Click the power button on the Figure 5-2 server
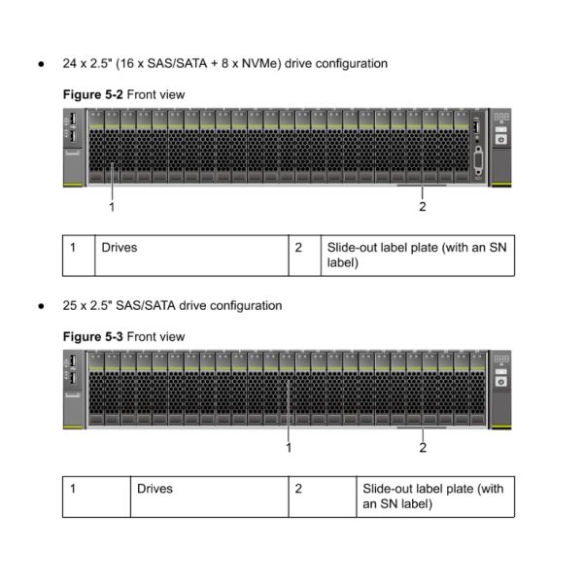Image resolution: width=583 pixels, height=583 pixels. [x=500, y=139]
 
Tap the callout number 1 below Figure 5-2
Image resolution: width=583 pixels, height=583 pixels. [x=112, y=206]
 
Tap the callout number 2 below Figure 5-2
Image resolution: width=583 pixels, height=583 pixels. [x=423, y=206]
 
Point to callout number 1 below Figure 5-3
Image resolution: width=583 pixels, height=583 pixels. [x=289, y=448]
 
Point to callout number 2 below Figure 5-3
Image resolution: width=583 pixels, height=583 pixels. [x=423, y=448]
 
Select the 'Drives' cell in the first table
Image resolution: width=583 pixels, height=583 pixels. [x=120, y=248]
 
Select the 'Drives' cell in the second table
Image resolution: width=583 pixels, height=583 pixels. [x=154, y=489]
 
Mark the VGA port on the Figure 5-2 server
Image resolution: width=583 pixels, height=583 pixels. [x=477, y=160]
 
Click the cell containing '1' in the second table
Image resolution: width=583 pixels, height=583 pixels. [x=72, y=489]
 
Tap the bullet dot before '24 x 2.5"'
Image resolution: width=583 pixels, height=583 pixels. [x=42, y=64]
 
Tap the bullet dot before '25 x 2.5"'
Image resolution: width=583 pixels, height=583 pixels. [x=42, y=306]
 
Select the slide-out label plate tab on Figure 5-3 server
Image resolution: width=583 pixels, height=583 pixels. [x=422, y=427]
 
